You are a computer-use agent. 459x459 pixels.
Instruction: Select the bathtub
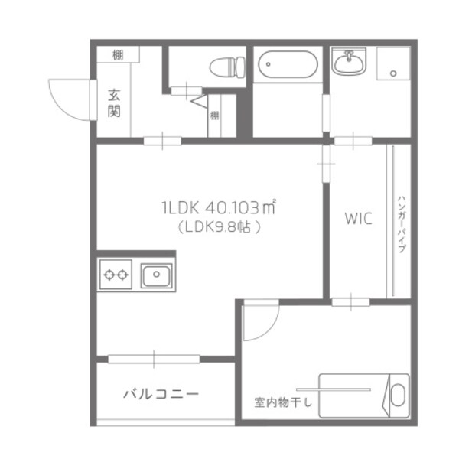286,66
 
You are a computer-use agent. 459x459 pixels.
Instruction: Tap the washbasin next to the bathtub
350,61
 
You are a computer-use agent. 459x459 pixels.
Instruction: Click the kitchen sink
156,274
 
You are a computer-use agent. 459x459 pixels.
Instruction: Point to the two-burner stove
116,274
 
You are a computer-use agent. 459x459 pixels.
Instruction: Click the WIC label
357,220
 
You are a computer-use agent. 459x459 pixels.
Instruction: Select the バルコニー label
161,395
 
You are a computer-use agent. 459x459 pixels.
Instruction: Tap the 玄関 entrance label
115,104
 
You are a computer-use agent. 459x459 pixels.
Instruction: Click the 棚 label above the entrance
117,54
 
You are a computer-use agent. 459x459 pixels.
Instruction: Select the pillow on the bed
397,395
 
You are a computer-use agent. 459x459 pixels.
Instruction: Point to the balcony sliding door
155,358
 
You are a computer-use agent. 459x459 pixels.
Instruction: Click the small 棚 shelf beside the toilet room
215,116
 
